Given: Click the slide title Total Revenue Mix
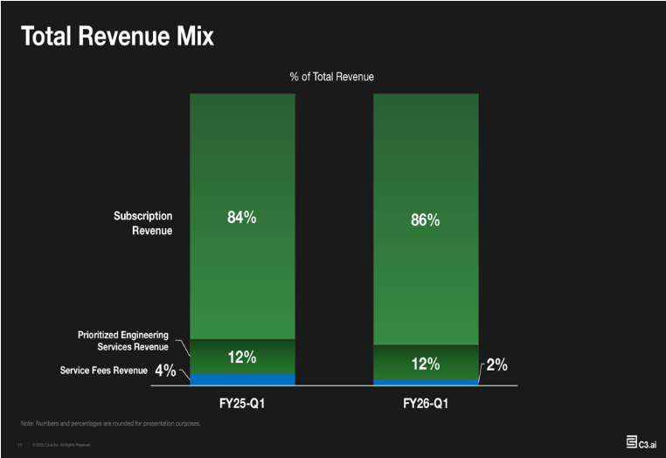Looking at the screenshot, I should tap(117, 37).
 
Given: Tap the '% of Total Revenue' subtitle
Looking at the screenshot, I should tap(332, 77).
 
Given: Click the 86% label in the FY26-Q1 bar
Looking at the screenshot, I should tap(426, 220).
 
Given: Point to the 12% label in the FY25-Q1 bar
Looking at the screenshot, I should tap(242, 357).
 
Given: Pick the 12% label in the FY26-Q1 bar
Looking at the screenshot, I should tap(426, 364).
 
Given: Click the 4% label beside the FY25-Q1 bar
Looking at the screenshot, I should tap(165, 371).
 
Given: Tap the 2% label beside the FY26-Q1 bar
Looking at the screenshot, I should tap(497, 364).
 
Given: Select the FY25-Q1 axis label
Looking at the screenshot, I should tap(242, 405).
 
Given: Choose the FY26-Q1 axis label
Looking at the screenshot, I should tap(426, 405).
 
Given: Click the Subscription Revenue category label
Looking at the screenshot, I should tap(143, 223).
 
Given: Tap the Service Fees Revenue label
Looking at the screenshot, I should tap(103, 371).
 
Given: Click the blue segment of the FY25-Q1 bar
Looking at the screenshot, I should tap(242, 379).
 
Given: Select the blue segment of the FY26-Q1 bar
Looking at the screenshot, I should tap(426, 382).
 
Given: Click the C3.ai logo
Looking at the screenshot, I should tap(642, 442).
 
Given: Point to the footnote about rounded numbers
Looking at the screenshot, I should tap(110, 424).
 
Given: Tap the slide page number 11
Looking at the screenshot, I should tap(19, 445).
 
